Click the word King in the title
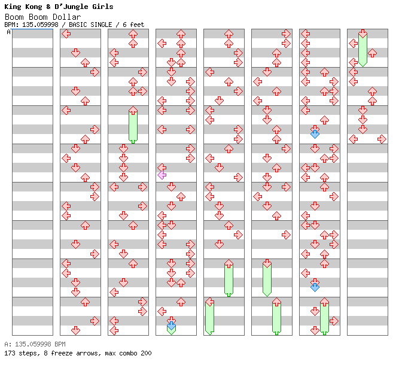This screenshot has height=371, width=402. [x=14, y=7]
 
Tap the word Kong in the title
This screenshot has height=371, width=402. [x=35, y=7]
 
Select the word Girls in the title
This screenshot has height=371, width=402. [x=101, y=7]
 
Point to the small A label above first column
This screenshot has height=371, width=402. [x=8, y=32]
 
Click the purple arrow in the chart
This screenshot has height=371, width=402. [x=162, y=175]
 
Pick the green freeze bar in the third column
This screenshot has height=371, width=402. [x=133, y=126]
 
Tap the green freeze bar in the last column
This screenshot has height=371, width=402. [x=363, y=49]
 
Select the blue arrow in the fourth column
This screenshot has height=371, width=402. [x=171, y=325]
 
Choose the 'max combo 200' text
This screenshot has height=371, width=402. [x=128, y=353]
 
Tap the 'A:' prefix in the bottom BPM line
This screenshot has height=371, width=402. [x=7, y=345]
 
